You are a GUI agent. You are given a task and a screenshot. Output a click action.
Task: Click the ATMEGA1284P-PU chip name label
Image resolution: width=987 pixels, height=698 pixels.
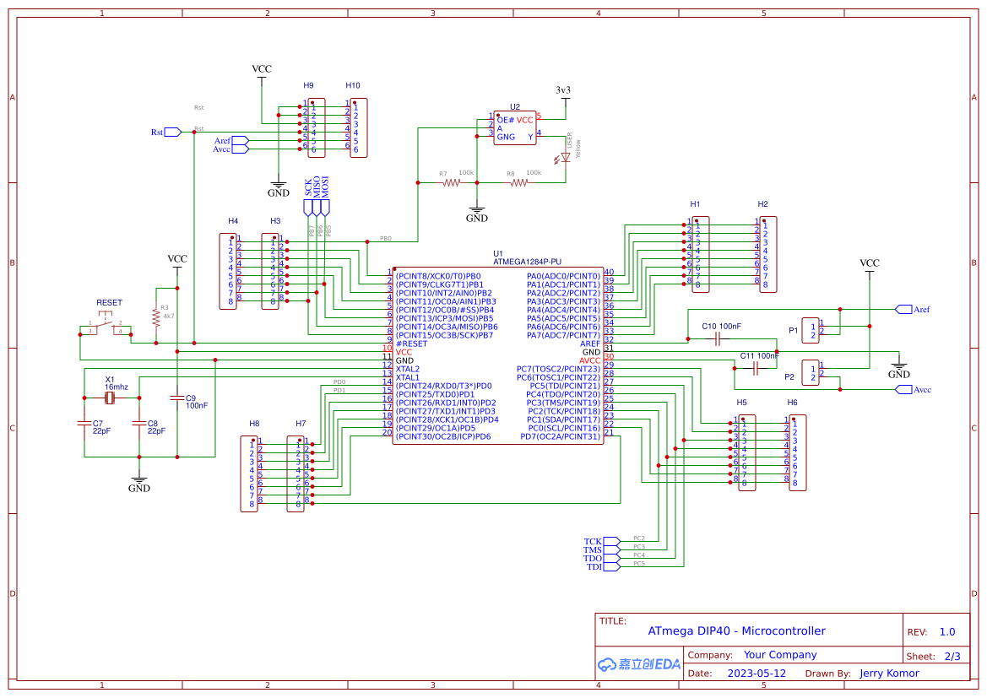click(527, 262)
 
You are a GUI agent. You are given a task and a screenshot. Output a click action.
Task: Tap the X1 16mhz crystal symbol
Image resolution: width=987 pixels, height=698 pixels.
click(110, 398)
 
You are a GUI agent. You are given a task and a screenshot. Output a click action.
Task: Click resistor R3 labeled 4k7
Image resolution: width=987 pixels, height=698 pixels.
click(156, 317)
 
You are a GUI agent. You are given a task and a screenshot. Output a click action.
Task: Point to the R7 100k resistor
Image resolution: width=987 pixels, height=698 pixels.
click(453, 181)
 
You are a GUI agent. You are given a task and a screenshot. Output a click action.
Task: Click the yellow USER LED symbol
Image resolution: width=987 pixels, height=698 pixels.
click(566, 159)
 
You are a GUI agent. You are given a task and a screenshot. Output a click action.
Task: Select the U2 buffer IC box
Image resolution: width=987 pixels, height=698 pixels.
click(515, 128)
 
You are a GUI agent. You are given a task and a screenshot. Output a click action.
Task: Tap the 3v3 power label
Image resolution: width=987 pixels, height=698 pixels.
click(563, 90)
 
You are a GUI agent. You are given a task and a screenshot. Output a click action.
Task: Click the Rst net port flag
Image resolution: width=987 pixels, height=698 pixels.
click(172, 132)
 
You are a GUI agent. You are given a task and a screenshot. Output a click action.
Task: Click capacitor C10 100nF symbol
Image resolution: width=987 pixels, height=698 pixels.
click(717, 339)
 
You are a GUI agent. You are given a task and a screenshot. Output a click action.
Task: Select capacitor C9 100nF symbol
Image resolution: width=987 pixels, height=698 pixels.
click(177, 397)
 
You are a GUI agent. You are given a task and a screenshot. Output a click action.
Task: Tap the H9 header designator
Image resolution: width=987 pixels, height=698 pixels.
click(308, 85)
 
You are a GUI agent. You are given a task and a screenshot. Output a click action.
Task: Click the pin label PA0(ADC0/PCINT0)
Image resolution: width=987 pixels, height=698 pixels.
click(563, 276)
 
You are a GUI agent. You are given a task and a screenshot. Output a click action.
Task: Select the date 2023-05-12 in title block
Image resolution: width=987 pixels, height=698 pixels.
click(757, 674)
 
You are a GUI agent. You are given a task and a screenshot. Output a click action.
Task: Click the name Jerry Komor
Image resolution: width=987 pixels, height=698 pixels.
click(889, 674)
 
